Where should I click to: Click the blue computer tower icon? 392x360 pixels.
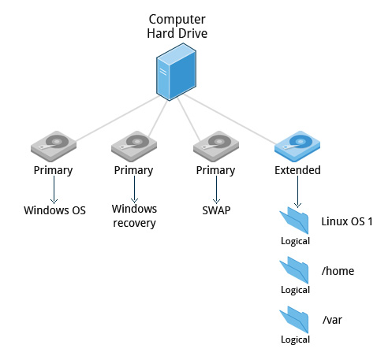[x=177, y=73]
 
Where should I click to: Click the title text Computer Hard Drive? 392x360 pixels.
[x=177, y=25]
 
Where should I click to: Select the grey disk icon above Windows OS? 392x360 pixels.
[x=54, y=147]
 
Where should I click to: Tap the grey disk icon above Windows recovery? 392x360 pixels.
[x=134, y=147]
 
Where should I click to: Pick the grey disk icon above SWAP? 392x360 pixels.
[x=215, y=147]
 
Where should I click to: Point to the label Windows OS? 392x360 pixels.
[x=54, y=210]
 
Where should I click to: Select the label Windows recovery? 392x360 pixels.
[x=134, y=216]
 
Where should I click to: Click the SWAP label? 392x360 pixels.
[x=215, y=210]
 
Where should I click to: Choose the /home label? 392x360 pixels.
[x=338, y=271]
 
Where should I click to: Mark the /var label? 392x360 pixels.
[x=333, y=319]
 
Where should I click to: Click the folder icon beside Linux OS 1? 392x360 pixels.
[x=296, y=221]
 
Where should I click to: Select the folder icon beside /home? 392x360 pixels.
[x=296, y=270]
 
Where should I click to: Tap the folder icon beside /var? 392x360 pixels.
[x=296, y=320]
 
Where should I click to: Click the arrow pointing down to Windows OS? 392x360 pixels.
[x=54, y=189]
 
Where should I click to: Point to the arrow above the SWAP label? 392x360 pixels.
[x=215, y=189]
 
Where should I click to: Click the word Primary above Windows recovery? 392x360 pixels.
[x=134, y=170]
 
